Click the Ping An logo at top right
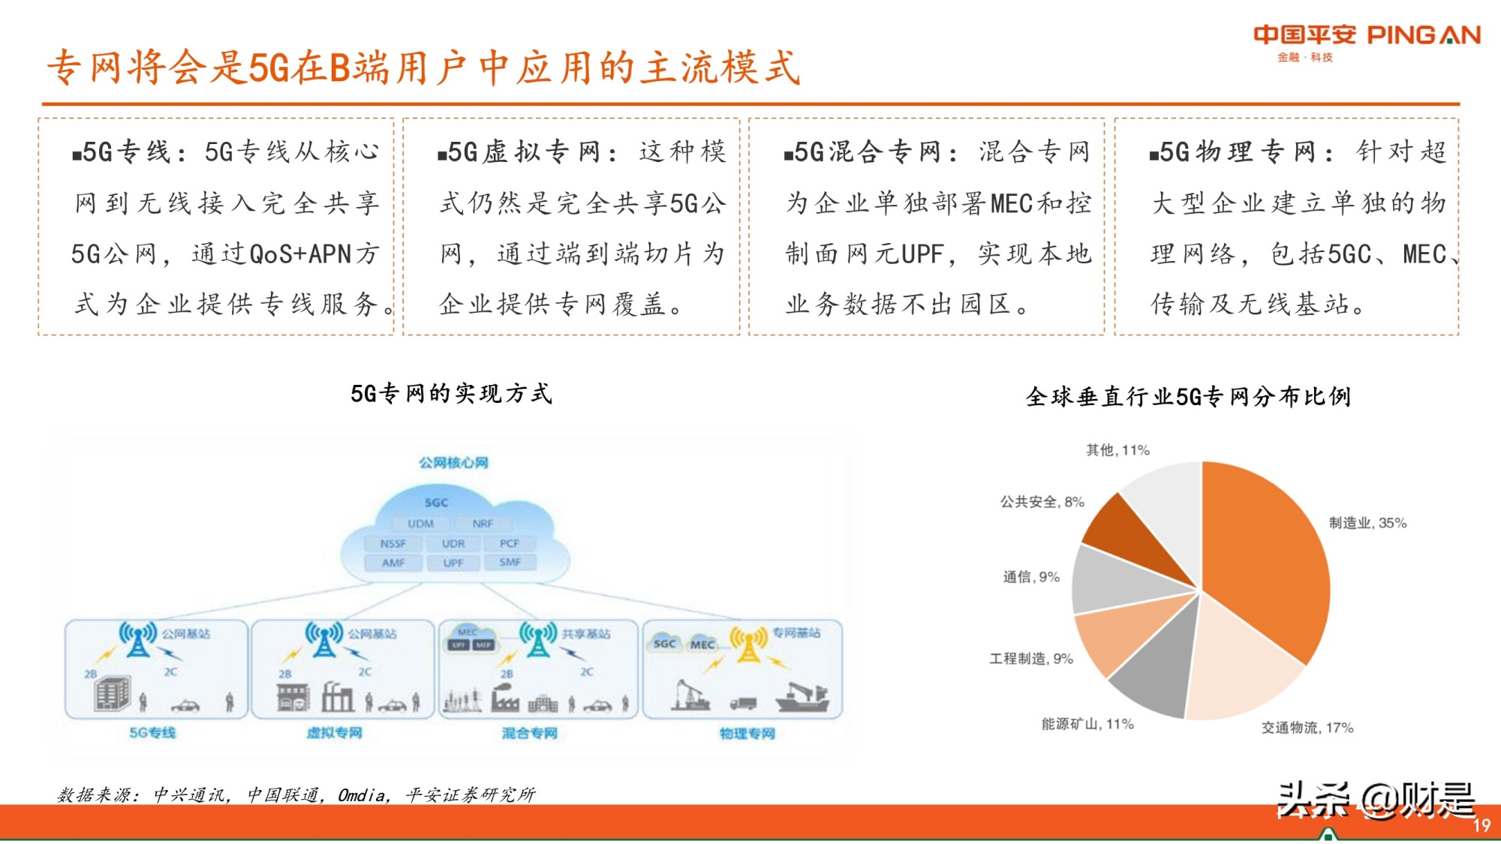click(x=1366, y=41)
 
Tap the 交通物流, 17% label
click(x=1307, y=728)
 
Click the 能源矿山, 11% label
click(x=1087, y=724)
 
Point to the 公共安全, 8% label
click(x=1042, y=502)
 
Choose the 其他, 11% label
click(x=1117, y=450)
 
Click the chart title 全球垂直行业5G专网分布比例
click(x=1188, y=396)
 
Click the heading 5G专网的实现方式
click(x=451, y=393)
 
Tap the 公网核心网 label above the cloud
click(x=453, y=462)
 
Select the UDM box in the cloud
click(x=420, y=524)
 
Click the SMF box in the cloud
click(x=510, y=562)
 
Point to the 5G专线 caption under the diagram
click(x=152, y=732)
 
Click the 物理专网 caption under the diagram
click(x=747, y=733)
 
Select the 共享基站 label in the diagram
click(x=585, y=634)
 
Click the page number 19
click(x=1481, y=826)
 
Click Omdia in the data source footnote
click(x=362, y=795)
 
